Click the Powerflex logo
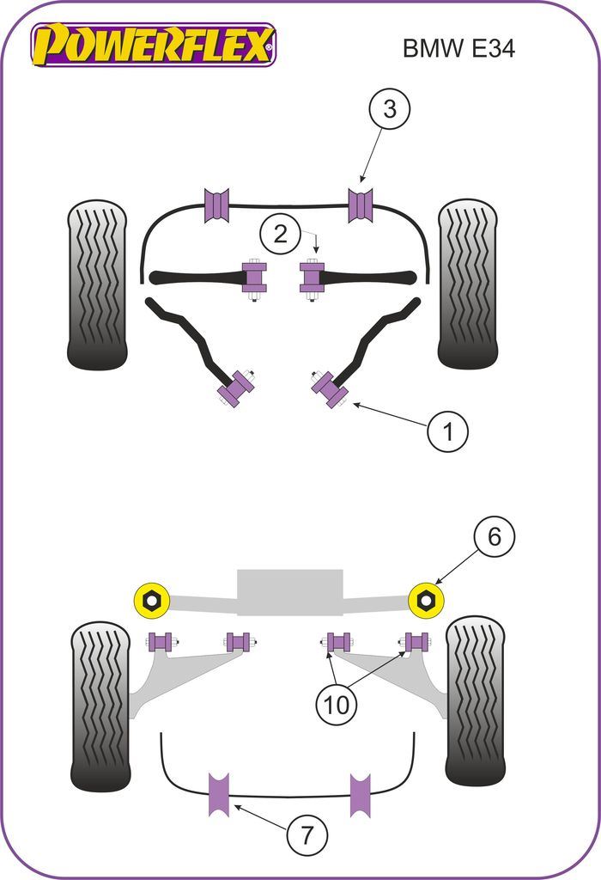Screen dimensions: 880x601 click(x=154, y=45)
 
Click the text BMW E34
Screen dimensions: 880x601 click(x=458, y=48)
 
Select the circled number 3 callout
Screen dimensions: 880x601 click(x=389, y=110)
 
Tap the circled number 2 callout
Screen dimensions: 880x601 click(x=281, y=233)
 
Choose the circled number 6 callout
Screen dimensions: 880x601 click(x=494, y=537)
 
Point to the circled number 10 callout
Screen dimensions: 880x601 click(x=337, y=705)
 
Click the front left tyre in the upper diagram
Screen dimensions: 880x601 click(x=97, y=285)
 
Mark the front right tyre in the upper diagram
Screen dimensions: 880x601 click(x=469, y=284)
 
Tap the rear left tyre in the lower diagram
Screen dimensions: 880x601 click(x=100, y=707)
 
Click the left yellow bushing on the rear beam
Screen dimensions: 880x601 click(x=152, y=599)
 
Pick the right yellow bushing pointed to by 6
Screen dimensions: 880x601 click(x=424, y=599)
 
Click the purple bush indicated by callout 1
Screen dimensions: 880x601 click(x=330, y=389)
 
